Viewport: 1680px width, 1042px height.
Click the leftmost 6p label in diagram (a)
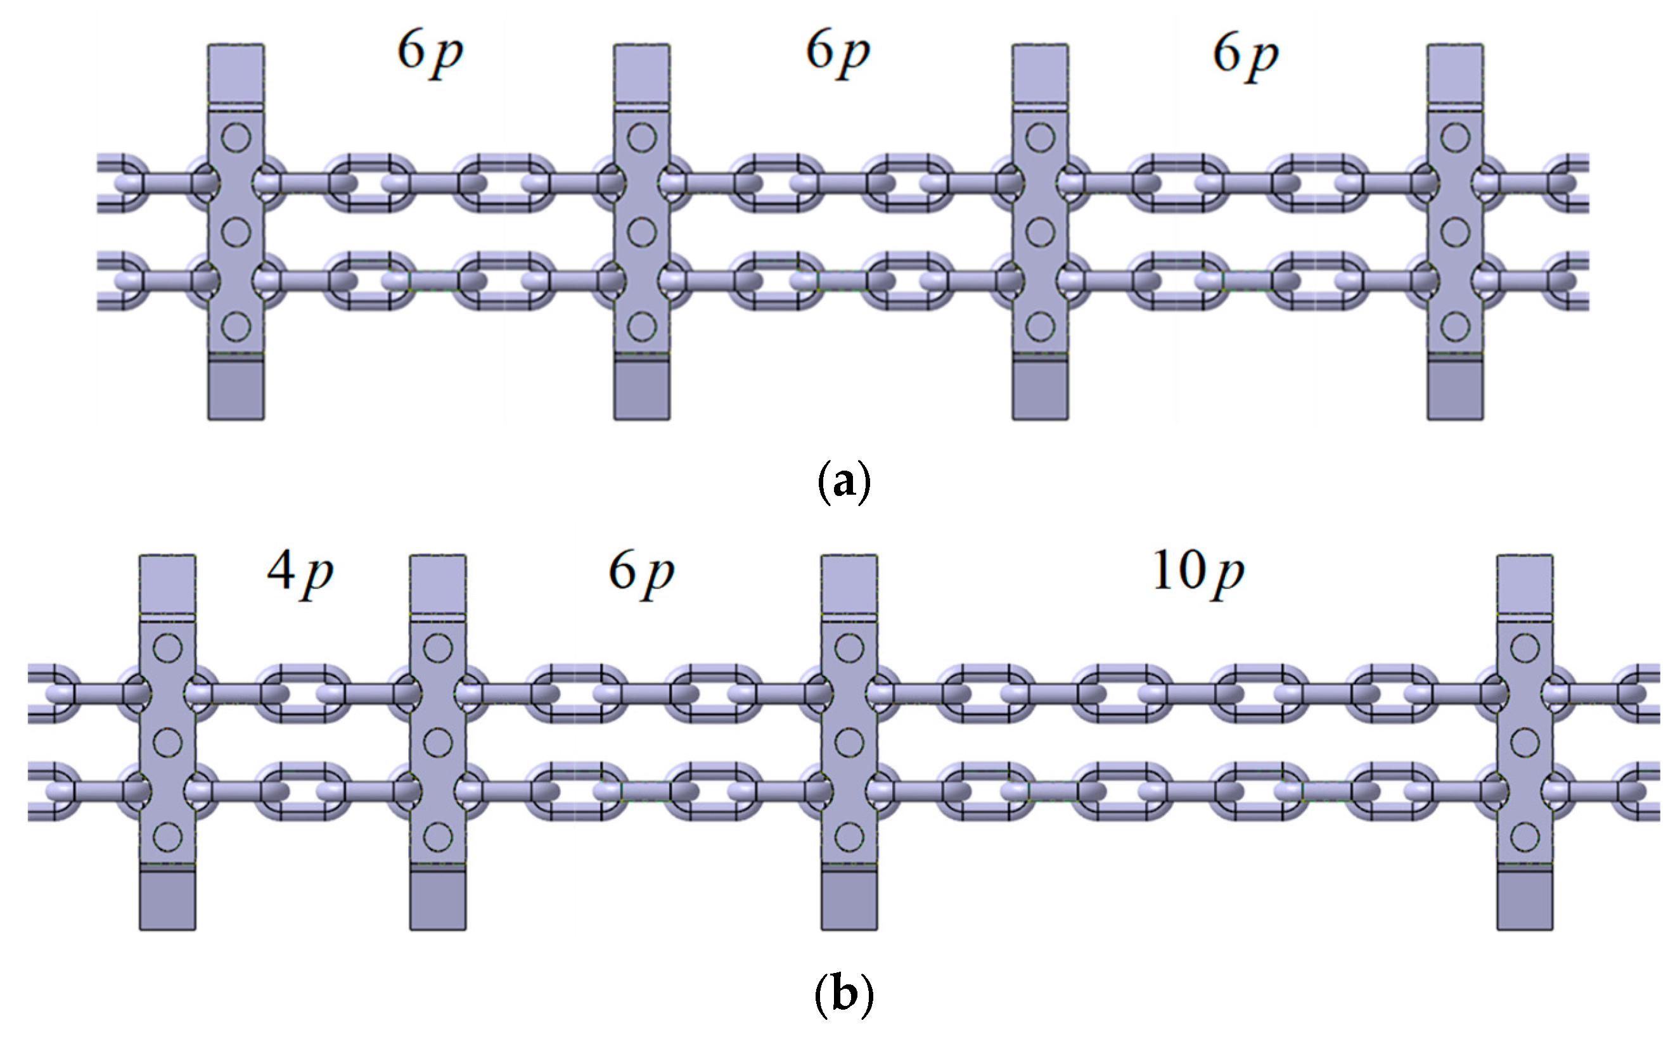point(430,53)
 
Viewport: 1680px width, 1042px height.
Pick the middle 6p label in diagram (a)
point(838,53)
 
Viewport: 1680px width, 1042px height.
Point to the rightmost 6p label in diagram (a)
point(1245,54)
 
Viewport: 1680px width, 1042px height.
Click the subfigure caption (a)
point(843,481)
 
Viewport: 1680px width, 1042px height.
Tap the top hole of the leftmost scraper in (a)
point(236,138)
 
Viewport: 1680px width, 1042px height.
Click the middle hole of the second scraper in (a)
point(642,232)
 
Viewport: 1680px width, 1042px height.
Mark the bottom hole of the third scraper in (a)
point(1039,327)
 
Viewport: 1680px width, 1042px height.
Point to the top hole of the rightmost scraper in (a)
point(1455,138)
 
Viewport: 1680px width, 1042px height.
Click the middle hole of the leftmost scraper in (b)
point(167,742)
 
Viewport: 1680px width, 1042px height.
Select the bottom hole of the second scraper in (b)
point(438,837)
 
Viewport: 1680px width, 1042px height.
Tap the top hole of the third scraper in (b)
point(849,648)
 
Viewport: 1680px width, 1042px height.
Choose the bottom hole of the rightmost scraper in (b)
point(1525,837)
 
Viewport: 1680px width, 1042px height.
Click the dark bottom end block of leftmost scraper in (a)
point(236,390)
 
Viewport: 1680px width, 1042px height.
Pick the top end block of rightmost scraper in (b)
point(1525,583)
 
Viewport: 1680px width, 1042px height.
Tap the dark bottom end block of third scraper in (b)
point(849,899)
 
